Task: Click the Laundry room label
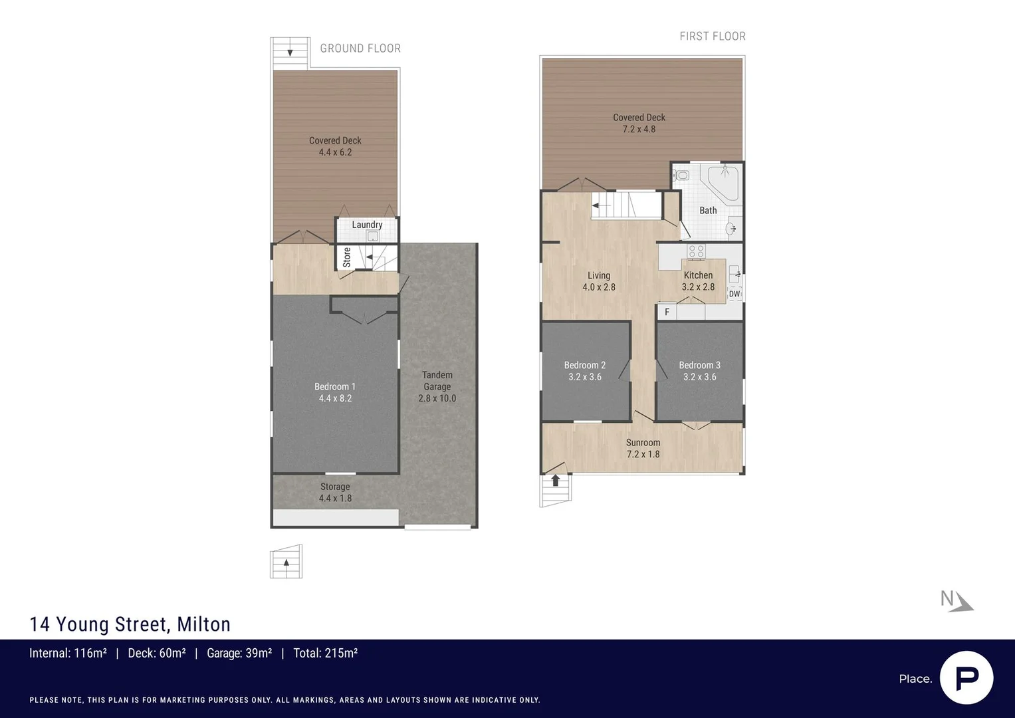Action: tap(367, 225)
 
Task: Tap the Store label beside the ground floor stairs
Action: tap(346, 257)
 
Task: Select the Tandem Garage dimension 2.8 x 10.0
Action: tap(437, 398)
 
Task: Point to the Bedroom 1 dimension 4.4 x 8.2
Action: tap(335, 398)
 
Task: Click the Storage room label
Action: tap(335, 487)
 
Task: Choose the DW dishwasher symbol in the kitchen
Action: tap(734, 294)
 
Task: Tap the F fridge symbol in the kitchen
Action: tap(667, 312)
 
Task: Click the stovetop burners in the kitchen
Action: tap(696, 251)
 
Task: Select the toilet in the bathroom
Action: tap(681, 175)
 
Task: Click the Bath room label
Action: tap(708, 210)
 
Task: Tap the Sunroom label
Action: tap(643, 442)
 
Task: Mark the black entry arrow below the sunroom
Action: tap(556, 481)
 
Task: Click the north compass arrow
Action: tap(962, 604)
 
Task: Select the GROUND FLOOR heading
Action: tap(360, 48)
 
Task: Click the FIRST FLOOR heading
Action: tap(713, 37)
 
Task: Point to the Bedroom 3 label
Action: tap(700, 365)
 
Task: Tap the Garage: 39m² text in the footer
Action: tap(239, 653)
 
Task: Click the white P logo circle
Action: tap(966, 677)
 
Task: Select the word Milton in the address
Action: tap(203, 624)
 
